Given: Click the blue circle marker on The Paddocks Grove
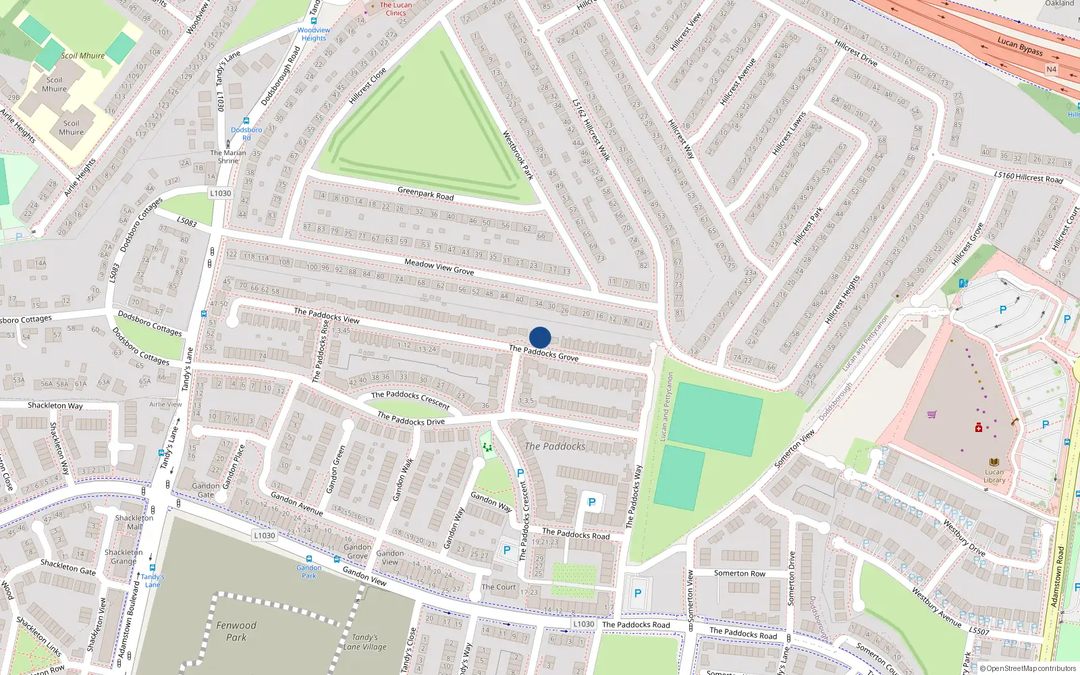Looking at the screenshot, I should pyautogui.click(x=540, y=337).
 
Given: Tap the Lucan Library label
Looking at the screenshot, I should pyautogui.click(x=994, y=476).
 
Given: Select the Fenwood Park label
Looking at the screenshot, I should pyautogui.click(x=236, y=630).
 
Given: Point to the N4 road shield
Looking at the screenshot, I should pyautogui.click(x=1051, y=70).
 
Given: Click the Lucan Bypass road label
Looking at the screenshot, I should pyautogui.click(x=1020, y=46).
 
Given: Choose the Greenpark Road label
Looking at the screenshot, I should pyautogui.click(x=425, y=194).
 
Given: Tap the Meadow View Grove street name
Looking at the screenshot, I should pyautogui.click(x=439, y=267).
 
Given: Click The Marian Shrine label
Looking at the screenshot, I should pyautogui.click(x=228, y=157).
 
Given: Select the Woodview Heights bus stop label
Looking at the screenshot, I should pyautogui.click(x=314, y=34).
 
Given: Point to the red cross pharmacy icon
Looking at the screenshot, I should pyautogui.click(x=978, y=428).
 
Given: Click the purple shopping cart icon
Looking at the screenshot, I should pyautogui.click(x=932, y=414).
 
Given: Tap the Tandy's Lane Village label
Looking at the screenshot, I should pyautogui.click(x=364, y=642).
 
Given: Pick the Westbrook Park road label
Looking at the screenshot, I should pyautogui.click(x=518, y=155).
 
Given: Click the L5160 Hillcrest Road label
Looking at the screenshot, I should pyautogui.click(x=1028, y=177).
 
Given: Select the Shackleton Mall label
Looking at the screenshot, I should pyautogui.click(x=134, y=522).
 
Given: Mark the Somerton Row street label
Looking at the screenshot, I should pyautogui.click(x=740, y=573).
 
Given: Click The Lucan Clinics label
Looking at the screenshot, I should pyautogui.click(x=396, y=9).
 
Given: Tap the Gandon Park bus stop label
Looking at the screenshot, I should pyautogui.click(x=309, y=571).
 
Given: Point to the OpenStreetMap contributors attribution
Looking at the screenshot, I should pyautogui.click(x=1028, y=669).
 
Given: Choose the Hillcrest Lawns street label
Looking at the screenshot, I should pyautogui.click(x=789, y=133).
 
